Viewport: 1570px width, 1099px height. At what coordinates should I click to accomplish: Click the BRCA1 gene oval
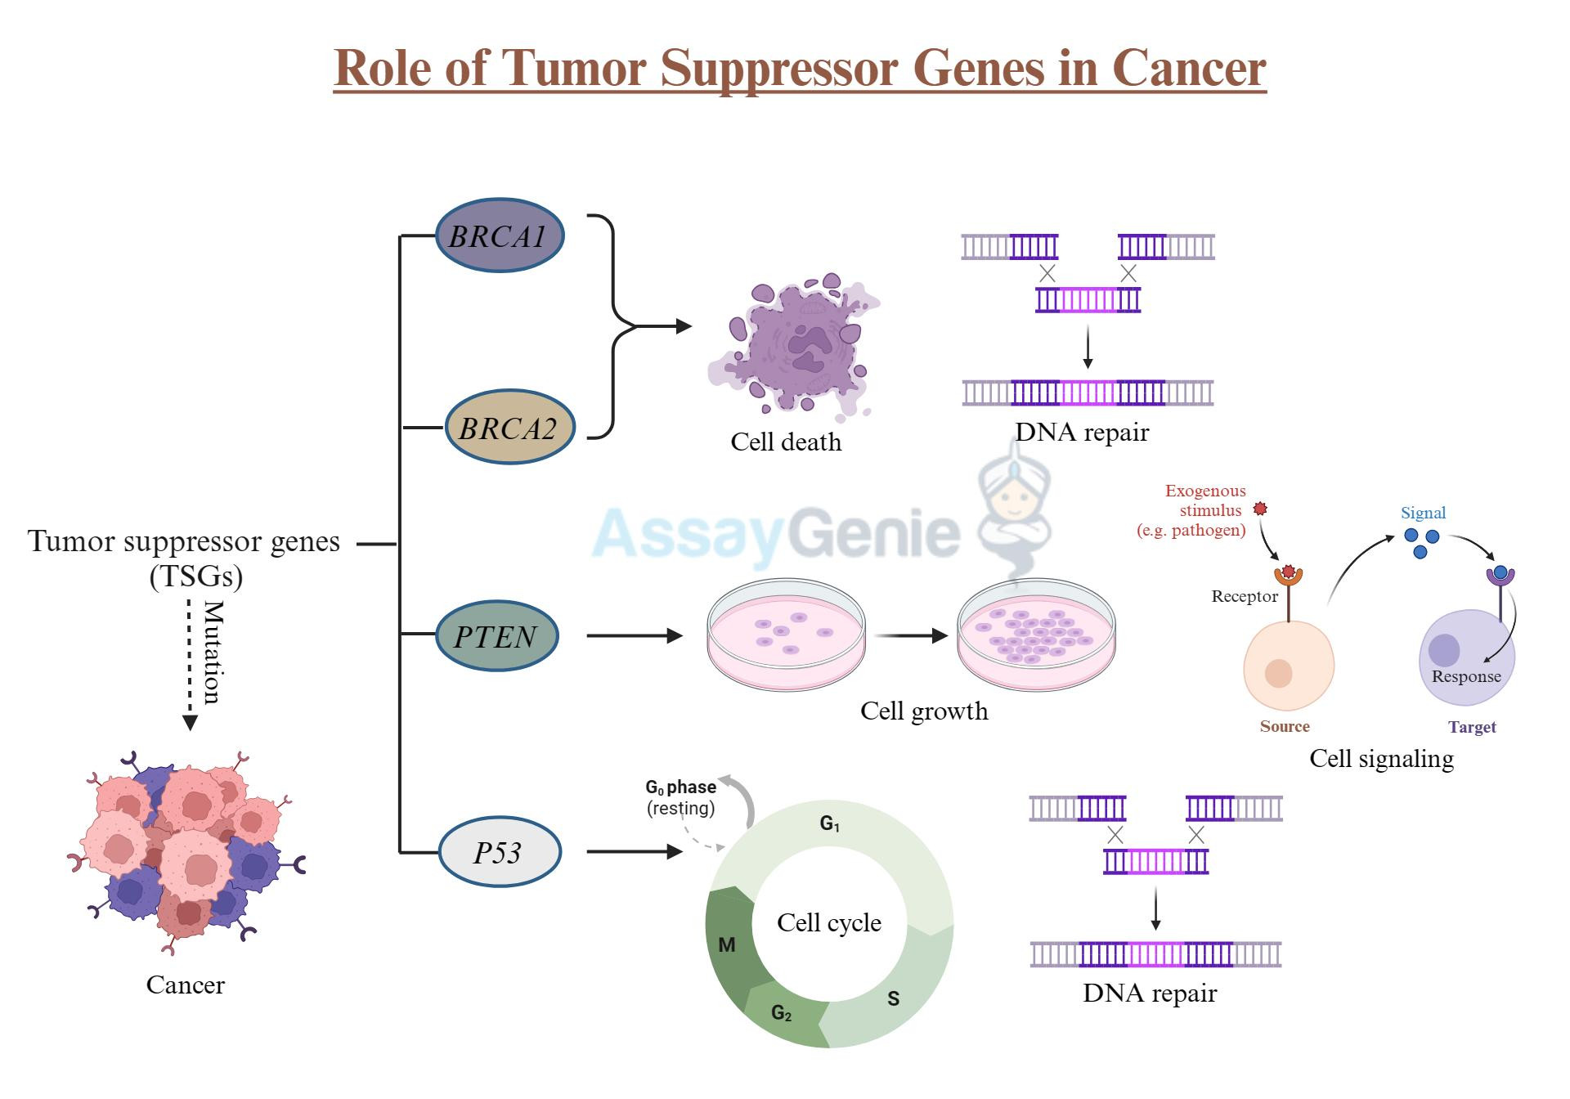[x=499, y=235]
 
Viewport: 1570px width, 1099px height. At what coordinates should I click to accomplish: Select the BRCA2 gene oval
[x=509, y=428]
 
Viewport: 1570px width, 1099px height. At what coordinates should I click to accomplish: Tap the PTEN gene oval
[x=496, y=636]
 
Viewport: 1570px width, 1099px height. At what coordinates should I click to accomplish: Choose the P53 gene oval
[x=499, y=852]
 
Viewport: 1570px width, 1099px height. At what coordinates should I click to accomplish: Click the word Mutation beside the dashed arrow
[x=213, y=653]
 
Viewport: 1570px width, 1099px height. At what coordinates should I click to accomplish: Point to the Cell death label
[x=785, y=442]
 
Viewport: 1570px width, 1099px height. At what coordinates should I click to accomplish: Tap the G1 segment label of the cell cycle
[x=829, y=823]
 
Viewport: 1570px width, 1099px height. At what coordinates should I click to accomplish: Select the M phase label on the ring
[x=726, y=945]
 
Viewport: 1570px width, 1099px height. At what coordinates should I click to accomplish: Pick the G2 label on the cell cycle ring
[x=781, y=1014]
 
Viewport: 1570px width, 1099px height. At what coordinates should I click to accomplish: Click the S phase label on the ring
[x=893, y=998]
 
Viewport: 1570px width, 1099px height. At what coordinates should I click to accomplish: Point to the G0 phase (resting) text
[x=680, y=797]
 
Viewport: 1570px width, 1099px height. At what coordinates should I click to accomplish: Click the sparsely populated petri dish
[x=785, y=635]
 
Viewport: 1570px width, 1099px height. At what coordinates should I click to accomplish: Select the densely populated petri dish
[x=1035, y=635]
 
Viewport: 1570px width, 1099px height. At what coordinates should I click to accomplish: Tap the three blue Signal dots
[x=1421, y=541]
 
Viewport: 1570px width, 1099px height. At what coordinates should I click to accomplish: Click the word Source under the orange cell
[x=1284, y=726]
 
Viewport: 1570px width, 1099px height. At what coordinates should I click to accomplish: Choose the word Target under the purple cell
[x=1471, y=727]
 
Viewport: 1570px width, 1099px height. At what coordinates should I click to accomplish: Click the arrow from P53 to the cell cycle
[x=634, y=851]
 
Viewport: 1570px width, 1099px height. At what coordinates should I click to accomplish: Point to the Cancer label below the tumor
[x=185, y=985]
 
